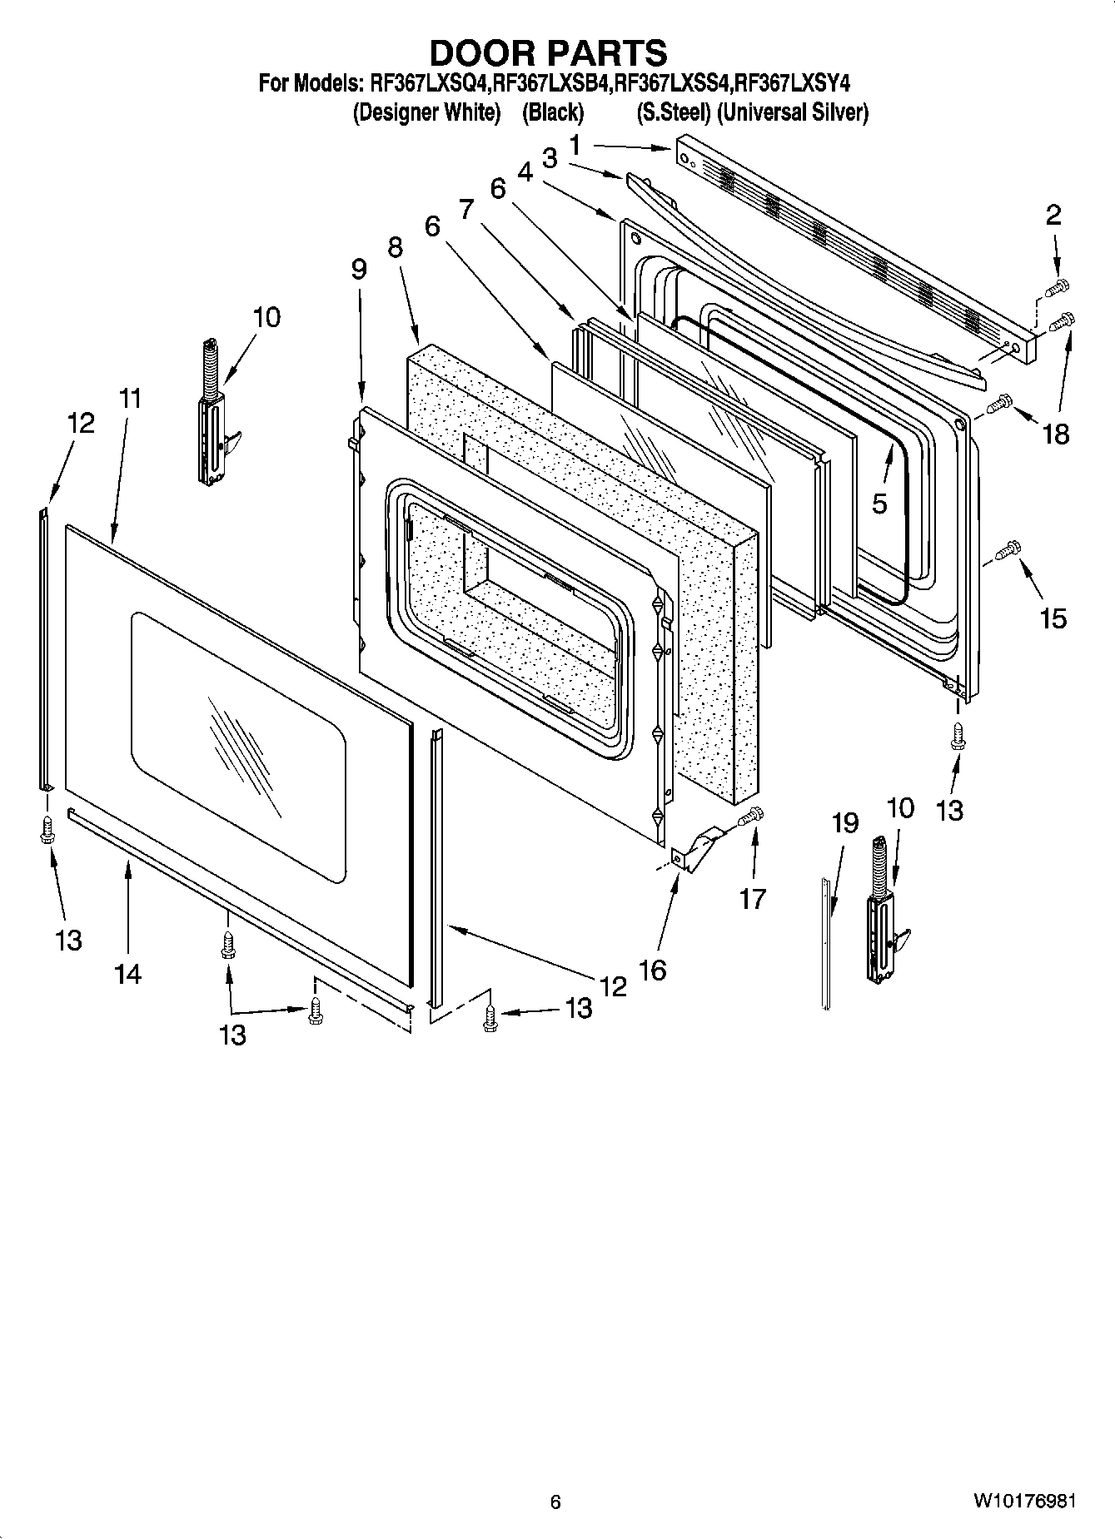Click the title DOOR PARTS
[548, 52]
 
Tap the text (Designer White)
[426, 112]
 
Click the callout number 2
[1053, 216]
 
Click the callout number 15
[1053, 618]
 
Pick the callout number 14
[127, 973]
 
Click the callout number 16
[654, 970]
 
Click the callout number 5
[879, 503]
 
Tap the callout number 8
[395, 247]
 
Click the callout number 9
[358, 269]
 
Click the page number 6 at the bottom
[555, 1502]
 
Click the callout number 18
[1056, 434]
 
